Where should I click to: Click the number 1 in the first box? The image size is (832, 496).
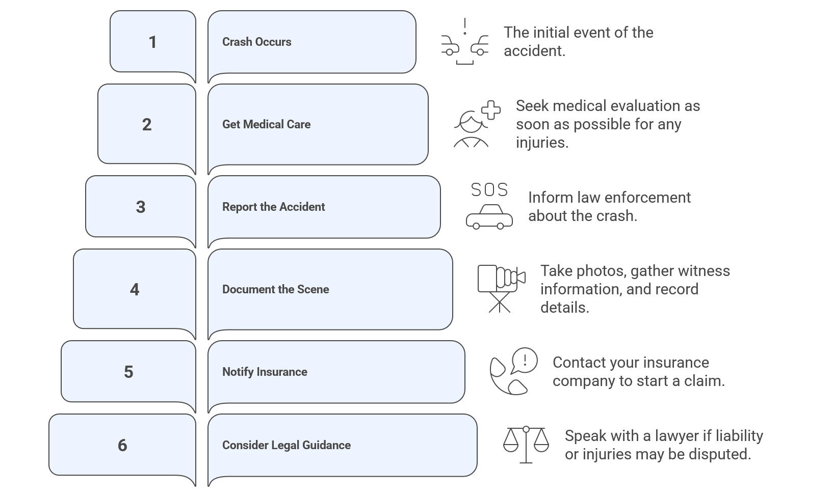coord(152,42)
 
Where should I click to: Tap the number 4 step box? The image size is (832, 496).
coord(135,290)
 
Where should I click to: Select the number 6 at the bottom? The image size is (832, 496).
coord(122,446)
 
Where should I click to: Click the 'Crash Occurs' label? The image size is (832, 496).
coord(256,42)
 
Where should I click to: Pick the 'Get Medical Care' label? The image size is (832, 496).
coord(266,125)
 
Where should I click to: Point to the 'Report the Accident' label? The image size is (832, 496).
coord(273,207)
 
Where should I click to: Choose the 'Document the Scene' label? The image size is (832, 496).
coord(275,290)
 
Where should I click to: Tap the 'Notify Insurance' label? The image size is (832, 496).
coord(265,372)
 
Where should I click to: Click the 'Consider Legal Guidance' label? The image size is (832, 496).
coord(286,446)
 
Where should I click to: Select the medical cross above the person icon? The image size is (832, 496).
coord(491,110)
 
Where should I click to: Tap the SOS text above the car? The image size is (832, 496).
coord(489,190)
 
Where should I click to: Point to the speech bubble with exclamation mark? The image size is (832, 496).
coord(525,360)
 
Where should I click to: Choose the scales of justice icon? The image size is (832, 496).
coord(526,445)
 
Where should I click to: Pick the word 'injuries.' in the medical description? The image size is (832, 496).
coord(542,143)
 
